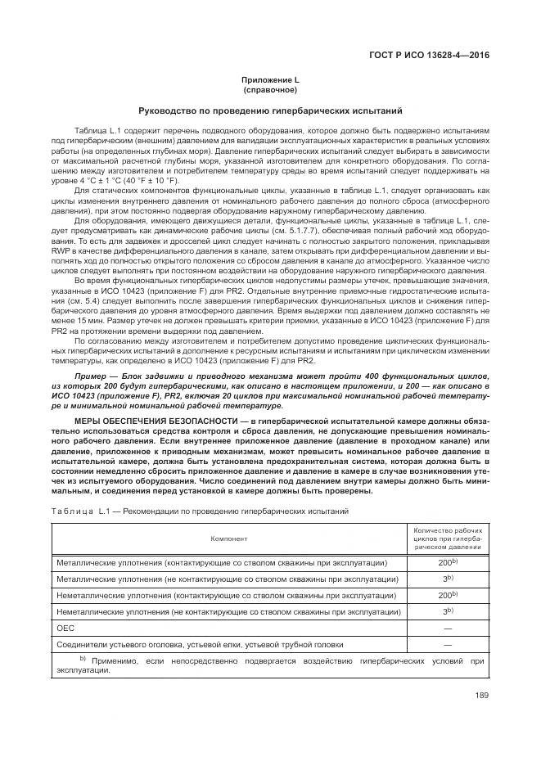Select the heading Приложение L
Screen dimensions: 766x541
click(x=269, y=79)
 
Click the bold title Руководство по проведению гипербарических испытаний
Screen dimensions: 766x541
click(x=269, y=110)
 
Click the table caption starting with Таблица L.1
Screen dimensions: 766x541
click(x=201, y=510)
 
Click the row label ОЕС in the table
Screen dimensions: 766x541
click(x=65, y=628)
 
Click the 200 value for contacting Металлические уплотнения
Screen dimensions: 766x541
click(x=444, y=563)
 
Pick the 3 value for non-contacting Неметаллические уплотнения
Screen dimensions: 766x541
click(x=444, y=611)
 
